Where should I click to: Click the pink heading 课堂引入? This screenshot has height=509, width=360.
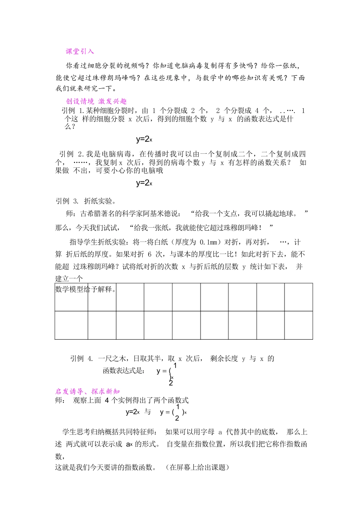click(x=80, y=52)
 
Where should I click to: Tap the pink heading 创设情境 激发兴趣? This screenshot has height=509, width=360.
click(x=96, y=101)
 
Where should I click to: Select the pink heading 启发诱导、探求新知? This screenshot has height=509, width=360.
click(x=88, y=391)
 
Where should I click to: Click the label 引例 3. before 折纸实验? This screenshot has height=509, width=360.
click(x=67, y=201)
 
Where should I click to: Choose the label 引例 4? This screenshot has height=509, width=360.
click(x=81, y=358)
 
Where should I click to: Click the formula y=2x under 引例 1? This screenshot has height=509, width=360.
click(x=144, y=139)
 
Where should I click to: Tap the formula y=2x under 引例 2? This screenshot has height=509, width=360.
click(x=144, y=183)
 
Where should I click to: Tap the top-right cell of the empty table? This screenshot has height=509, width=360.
click(x=299, y=297)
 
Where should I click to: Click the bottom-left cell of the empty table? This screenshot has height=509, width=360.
click(x=71, y=325)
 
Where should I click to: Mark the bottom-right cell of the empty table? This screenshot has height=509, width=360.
click(x=299, y=325)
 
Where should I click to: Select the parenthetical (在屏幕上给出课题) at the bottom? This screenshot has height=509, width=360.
click(x=197, y=467)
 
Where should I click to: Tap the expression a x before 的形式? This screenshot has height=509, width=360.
click(x=129, y=444)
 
